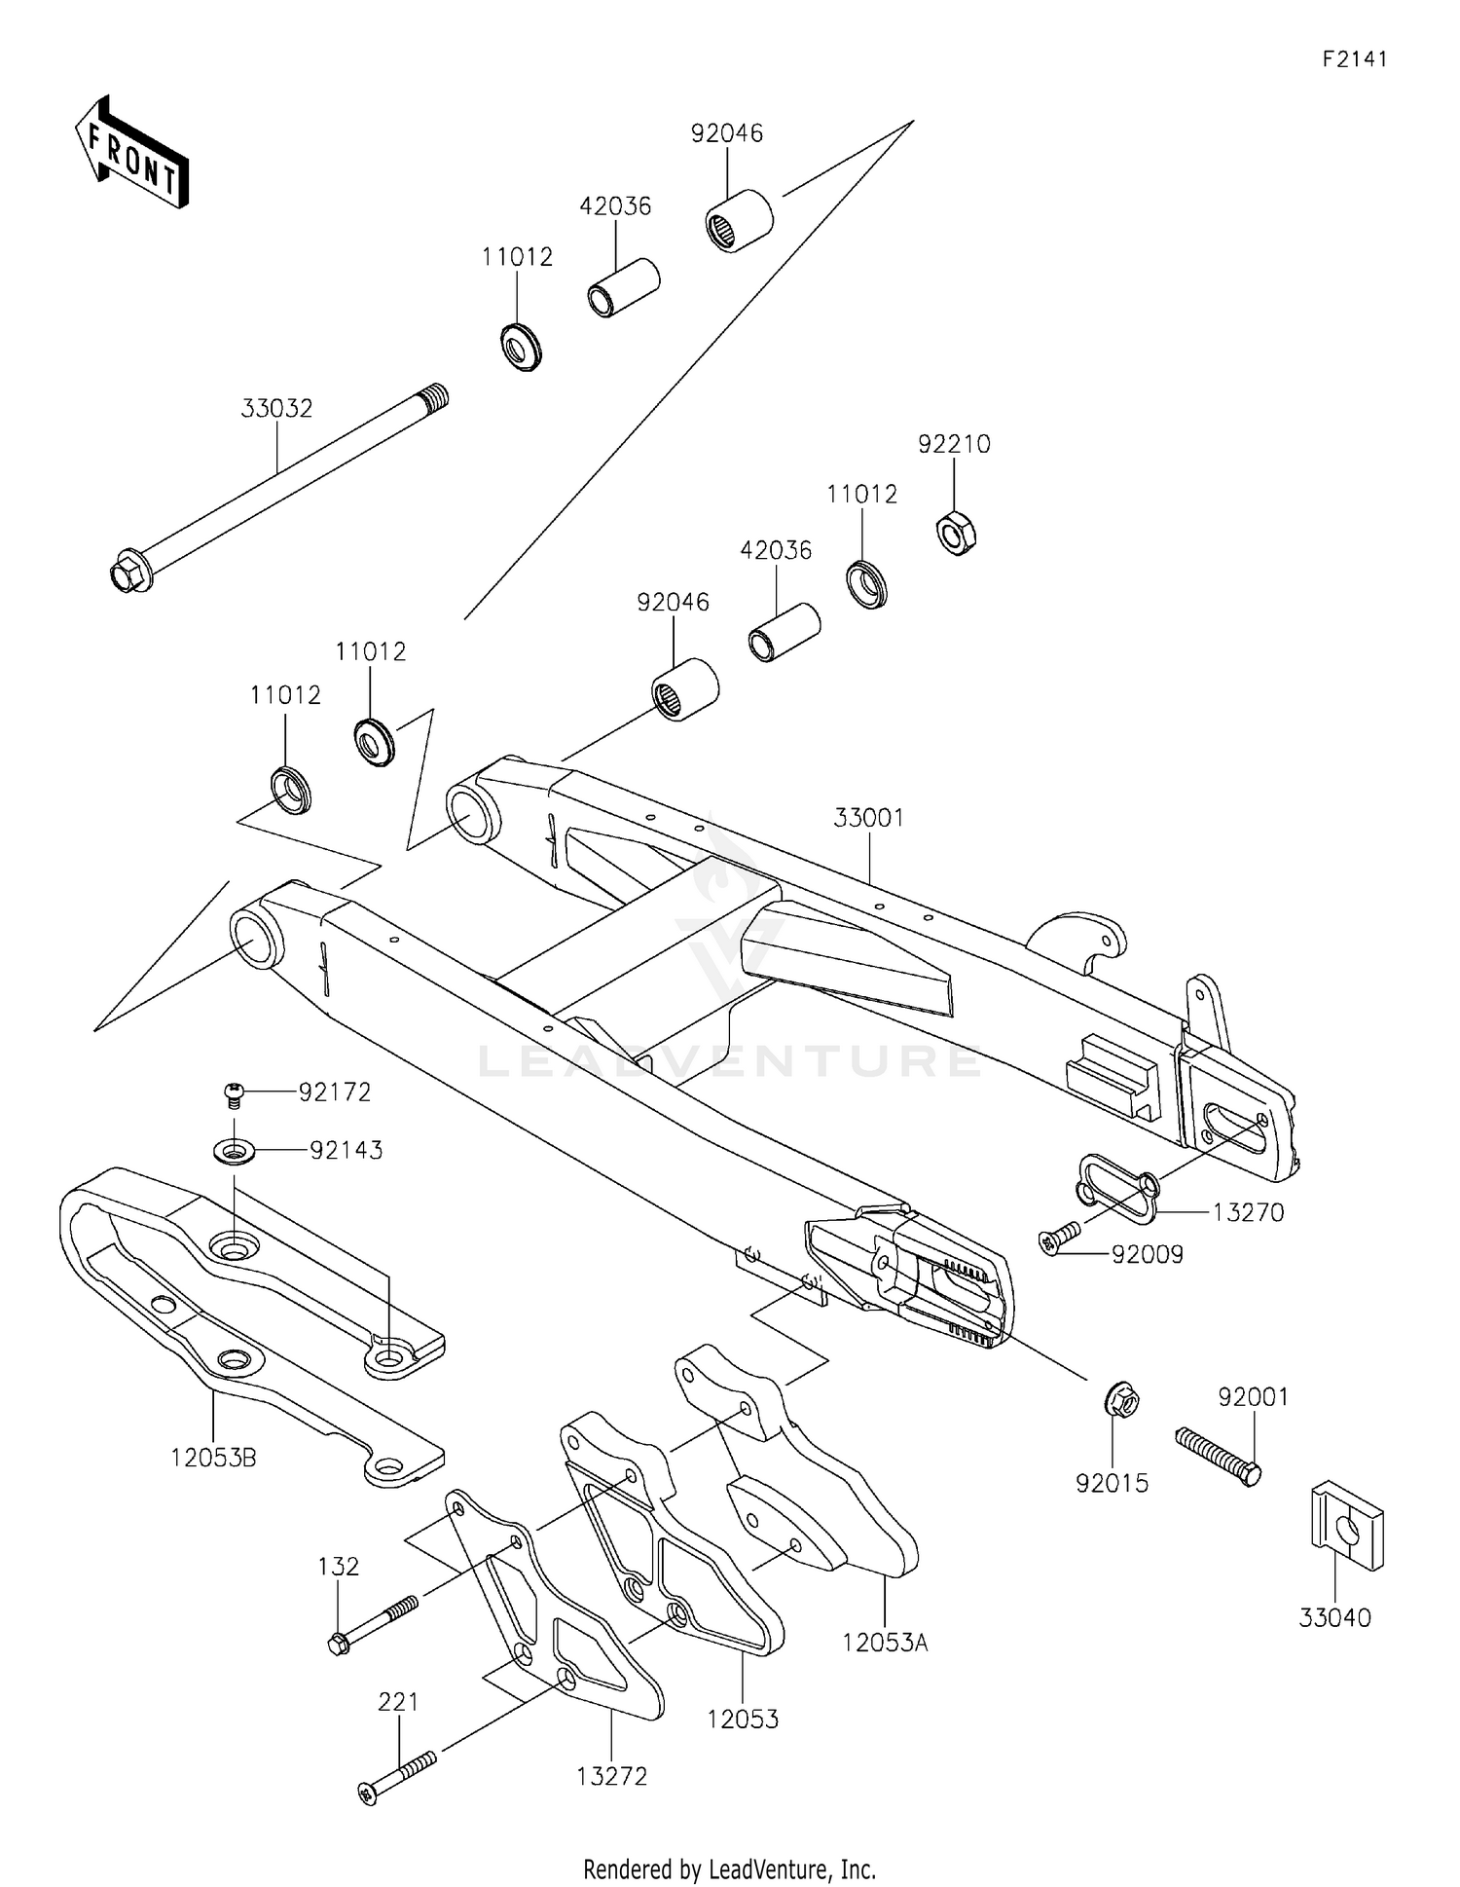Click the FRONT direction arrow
(131, 154)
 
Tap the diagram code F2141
(1354, 59)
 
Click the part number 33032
(276, 409)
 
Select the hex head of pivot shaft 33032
(128, 572)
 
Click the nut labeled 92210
(957, 533)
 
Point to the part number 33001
(868, 818)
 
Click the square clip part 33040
(1347, 1539)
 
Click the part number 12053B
(213, 1459)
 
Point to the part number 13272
(611, 1776)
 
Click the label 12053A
(885, 1643)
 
